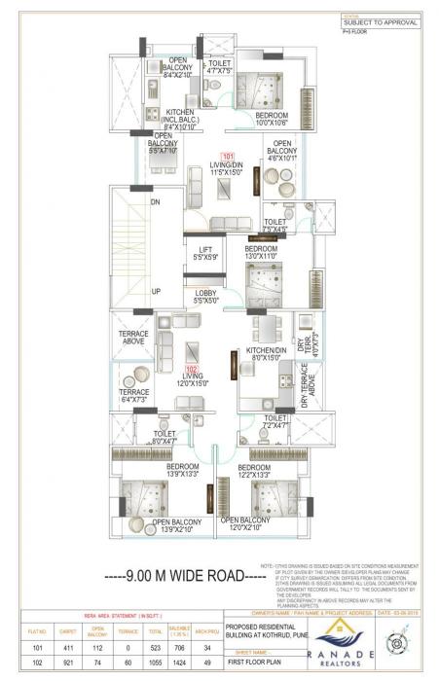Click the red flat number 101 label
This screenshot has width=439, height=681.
(x=229, y=157)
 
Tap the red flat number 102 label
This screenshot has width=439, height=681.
(x=192, y=370)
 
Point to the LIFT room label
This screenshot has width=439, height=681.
(x=203, y=253)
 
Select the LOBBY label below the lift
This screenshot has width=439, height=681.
(x=205, y=295)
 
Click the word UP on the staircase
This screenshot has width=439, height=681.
(x=156, y=291)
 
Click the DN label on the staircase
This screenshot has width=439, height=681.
(x=154, y=202)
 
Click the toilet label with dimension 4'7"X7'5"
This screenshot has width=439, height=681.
(x=219, y=65)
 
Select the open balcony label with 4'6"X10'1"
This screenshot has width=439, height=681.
(x=285, y=155)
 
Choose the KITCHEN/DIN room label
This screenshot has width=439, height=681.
(x=265, y=353)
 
